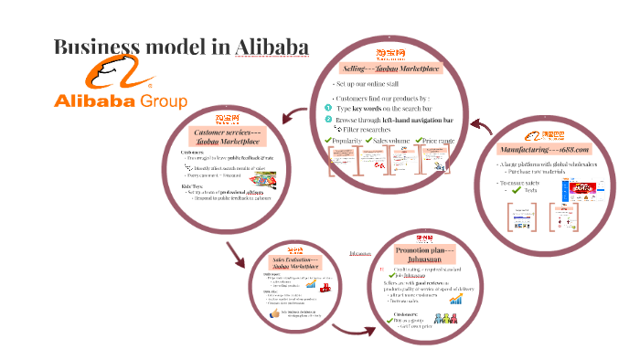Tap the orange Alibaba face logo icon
[111, 74]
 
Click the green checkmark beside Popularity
[329, 140]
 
